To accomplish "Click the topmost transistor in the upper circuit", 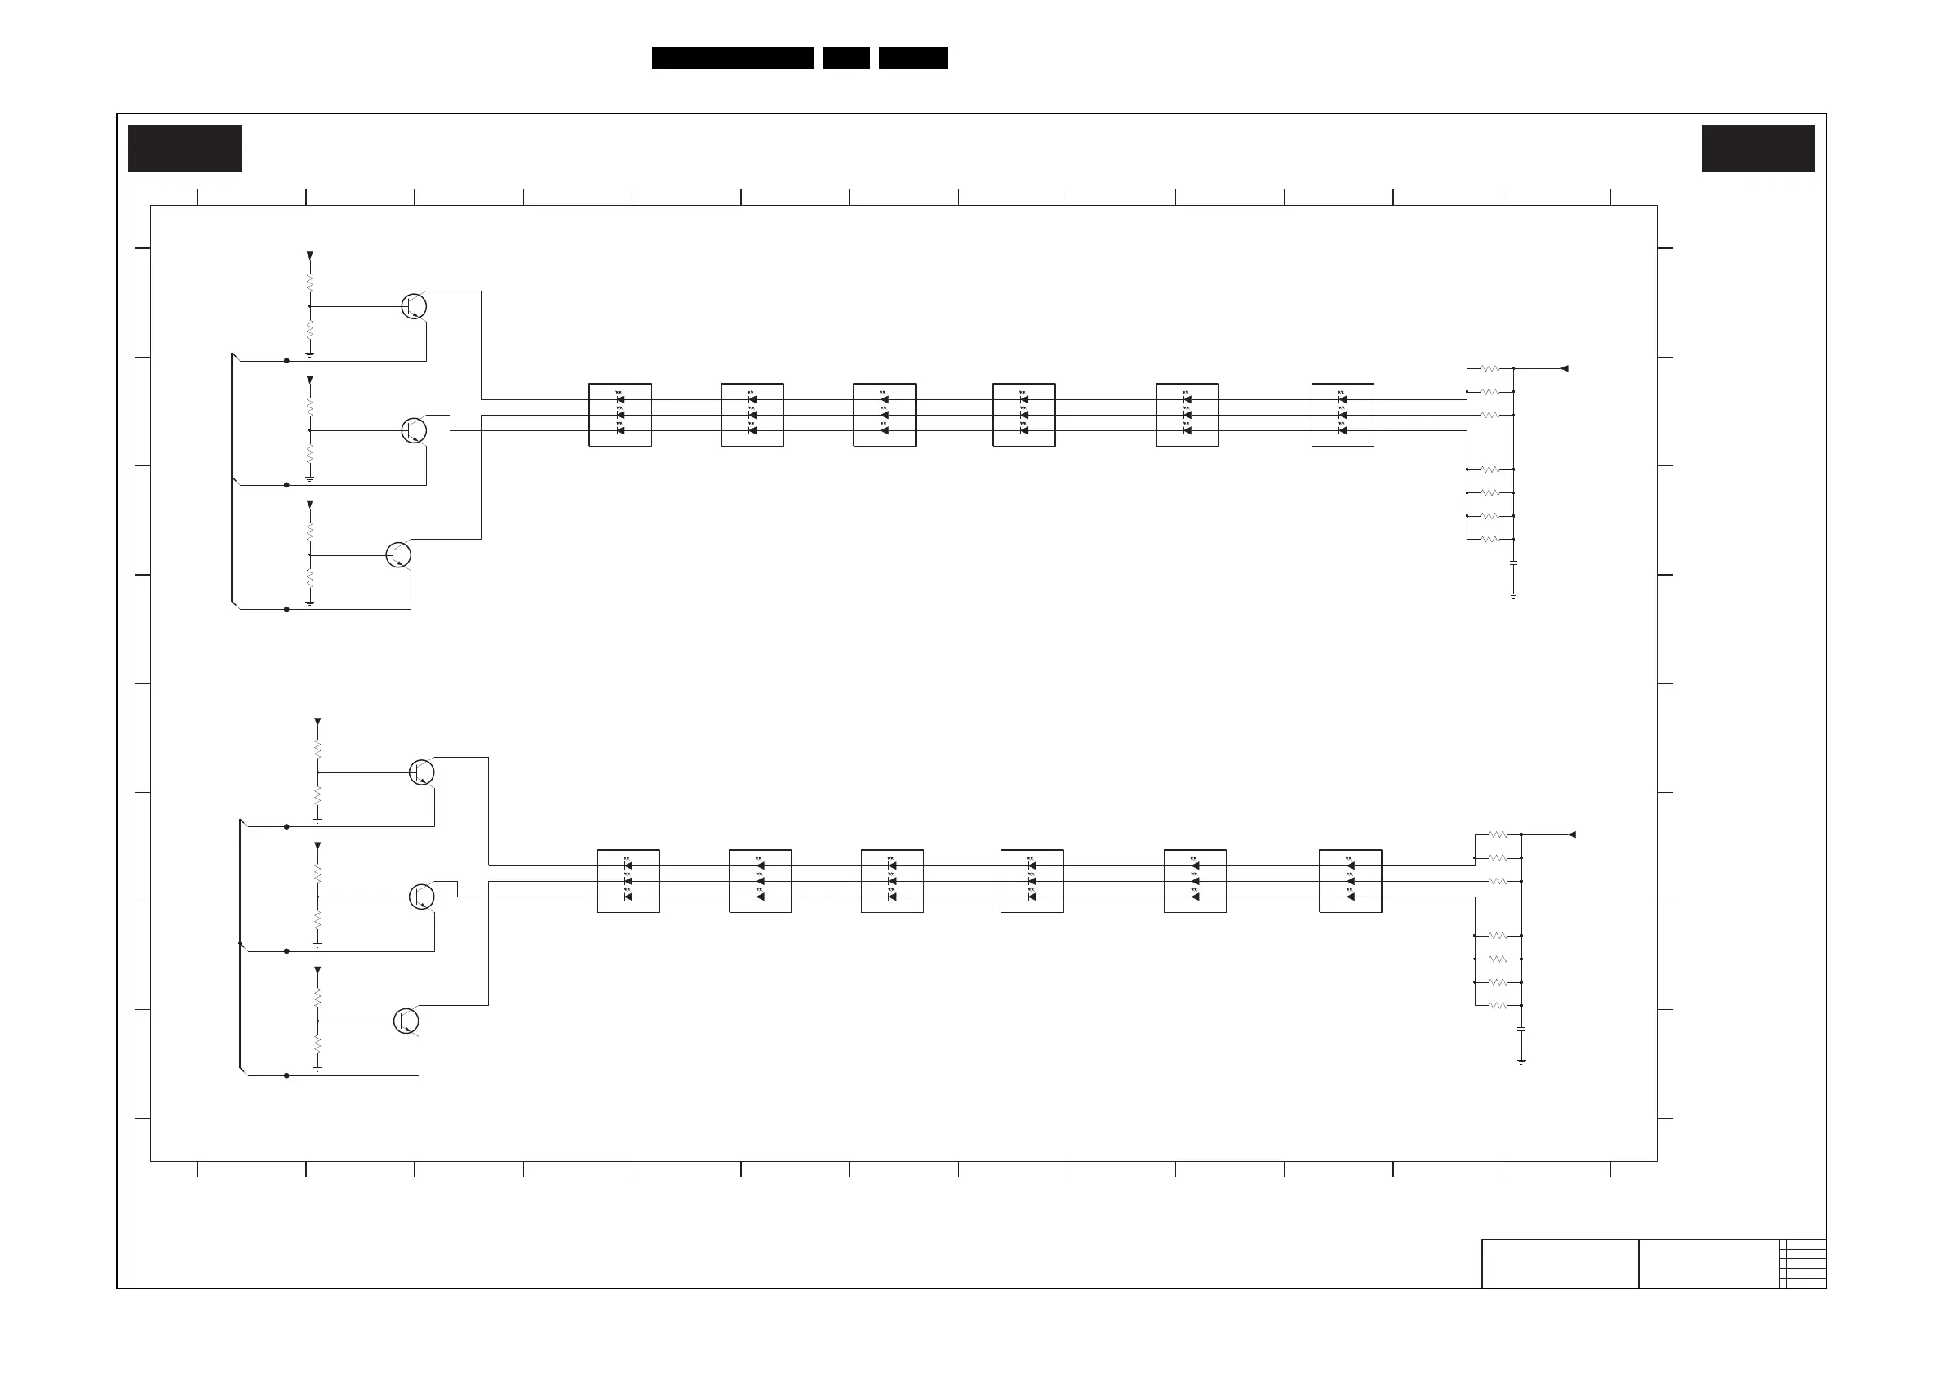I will point(413,306).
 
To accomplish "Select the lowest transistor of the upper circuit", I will point(398,555).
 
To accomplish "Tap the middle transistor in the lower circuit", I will point(422,897).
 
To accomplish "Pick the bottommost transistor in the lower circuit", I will point(406,1021).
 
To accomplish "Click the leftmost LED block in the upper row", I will point(619,415).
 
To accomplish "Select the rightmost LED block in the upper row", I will point(1342,415).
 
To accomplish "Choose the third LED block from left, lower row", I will point(891,881).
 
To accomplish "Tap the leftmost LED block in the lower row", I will point(628,881).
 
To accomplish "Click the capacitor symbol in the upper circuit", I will point(1513,563).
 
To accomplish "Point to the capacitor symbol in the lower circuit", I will point(1521,1029).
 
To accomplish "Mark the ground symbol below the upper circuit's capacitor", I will point(1513,595).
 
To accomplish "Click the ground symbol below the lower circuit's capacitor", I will point(1521,1061).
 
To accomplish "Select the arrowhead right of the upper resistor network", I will point(1564,368).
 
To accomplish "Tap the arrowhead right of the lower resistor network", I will point(1572,834).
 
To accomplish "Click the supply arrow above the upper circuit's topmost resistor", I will point(310,255).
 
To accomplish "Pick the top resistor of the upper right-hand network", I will point(1490,368).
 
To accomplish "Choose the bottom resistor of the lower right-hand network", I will point(1498,1006).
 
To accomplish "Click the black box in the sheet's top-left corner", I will point(184,149).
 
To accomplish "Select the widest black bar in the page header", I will point(732,58).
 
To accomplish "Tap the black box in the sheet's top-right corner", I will point(1758,149).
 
